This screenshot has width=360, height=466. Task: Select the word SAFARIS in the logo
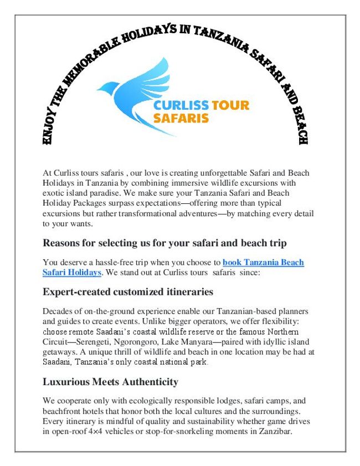181,118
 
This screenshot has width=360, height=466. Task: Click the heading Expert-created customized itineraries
128,292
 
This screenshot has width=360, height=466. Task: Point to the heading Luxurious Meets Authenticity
111,382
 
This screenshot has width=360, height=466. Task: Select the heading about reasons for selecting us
164,243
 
